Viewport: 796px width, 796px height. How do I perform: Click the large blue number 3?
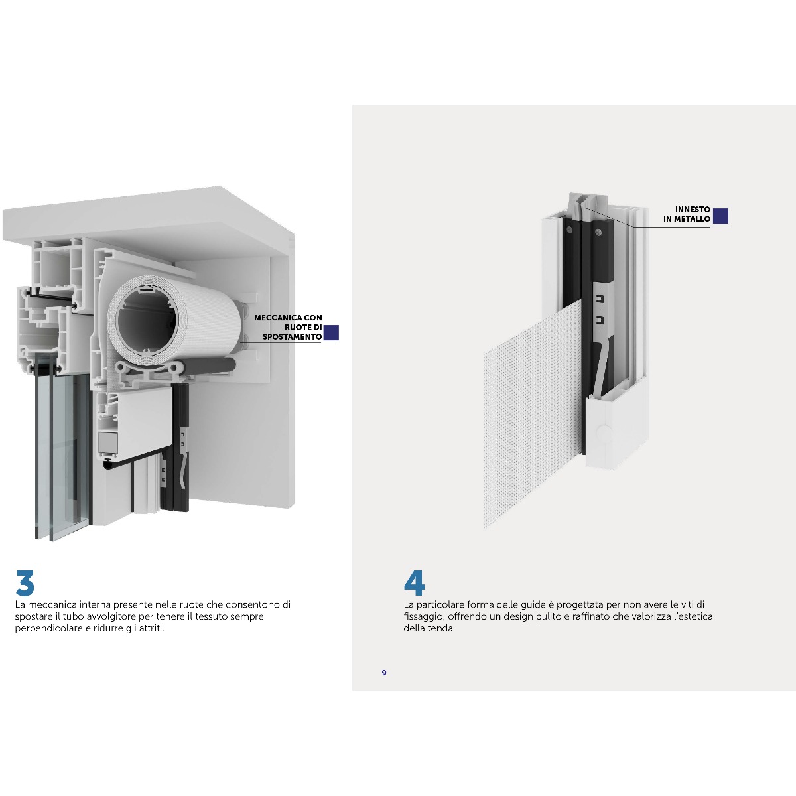click(25, 583)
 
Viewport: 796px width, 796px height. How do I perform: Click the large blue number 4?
click(415, 583)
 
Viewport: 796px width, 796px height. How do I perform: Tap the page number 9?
click(384, 673)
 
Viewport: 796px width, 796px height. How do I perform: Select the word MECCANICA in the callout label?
click(273, 318)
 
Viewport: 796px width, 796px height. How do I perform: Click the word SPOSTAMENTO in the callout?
click(292, 337)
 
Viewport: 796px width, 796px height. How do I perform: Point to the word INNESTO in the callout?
click(693, 210)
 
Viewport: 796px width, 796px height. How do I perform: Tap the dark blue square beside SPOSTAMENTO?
click(331, 332)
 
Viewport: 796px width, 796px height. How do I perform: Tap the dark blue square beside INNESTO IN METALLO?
click(720, 216)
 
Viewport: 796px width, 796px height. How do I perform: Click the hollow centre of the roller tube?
click(147, 320)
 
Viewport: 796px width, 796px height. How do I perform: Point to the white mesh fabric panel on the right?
click(533, 417)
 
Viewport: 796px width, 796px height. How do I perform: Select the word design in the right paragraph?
click(522, 617)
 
